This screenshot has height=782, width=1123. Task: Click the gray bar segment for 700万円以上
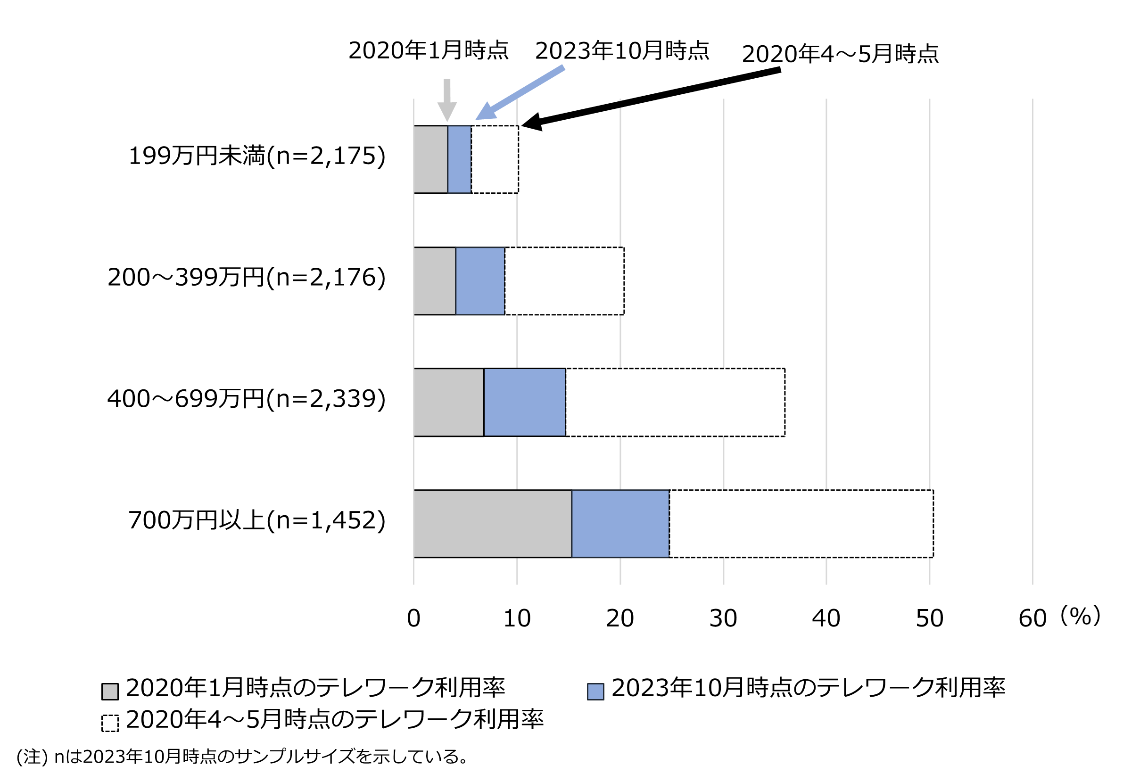click(x=493, y=523)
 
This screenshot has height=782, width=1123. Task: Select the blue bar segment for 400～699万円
click(x=524, y=402)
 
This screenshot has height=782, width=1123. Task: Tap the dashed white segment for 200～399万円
click(x=564, y=281)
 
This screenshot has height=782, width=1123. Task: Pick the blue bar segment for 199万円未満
click(x=459, y=159)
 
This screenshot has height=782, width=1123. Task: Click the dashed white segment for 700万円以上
click(x=801, y=523)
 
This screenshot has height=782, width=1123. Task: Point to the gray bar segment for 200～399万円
click(x=435, y=281)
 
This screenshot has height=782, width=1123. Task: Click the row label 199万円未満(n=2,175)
click(x=257, y=156)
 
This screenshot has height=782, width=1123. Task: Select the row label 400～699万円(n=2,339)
click(x=247, y=399)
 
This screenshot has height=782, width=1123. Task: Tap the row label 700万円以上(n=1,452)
click(x=257, y=520)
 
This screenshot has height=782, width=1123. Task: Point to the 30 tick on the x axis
click(x=723, y=618)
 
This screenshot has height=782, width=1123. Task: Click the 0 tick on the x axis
click(x=414, y=618)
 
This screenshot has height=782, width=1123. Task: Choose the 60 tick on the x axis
click(x=1032, y=618)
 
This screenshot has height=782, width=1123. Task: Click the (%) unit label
click(x=1080, y=616)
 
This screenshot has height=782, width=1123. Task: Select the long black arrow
click(x=651, y=99)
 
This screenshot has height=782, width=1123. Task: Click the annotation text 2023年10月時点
click(x=622, y=51)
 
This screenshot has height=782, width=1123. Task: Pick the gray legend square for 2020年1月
click(x=110, y=691)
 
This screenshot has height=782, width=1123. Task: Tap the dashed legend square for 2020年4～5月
click(x=110, y=723)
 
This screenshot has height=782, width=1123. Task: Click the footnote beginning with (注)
click(x=242, y=757)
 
